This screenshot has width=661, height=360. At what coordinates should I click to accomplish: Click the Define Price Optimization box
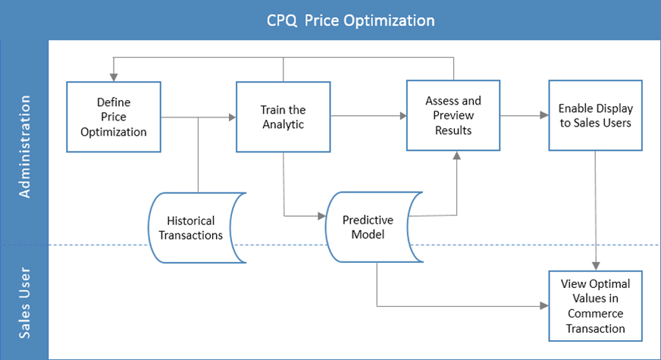114,117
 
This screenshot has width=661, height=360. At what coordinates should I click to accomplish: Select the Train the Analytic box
283,117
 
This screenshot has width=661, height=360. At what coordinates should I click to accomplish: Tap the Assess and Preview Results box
454,116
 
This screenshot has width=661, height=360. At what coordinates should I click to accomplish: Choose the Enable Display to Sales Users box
595,116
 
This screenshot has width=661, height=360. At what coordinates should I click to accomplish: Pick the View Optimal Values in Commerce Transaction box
595,306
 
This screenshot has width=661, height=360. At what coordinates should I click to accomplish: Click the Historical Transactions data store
196,228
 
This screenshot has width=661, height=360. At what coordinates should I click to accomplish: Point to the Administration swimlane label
24,147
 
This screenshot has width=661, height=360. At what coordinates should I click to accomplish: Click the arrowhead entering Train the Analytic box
231,117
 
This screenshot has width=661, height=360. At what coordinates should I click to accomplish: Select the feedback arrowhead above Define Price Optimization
114,77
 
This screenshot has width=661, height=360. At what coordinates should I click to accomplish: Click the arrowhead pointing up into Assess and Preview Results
456,155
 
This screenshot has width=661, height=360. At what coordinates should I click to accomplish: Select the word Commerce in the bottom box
596,314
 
